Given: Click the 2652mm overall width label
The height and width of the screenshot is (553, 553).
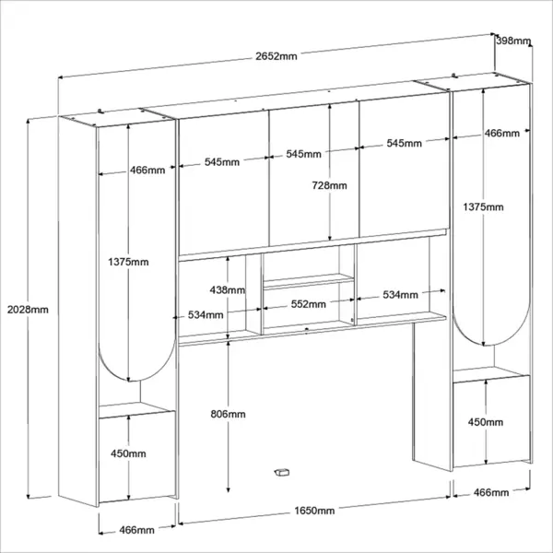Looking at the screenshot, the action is click(x=276, y=56).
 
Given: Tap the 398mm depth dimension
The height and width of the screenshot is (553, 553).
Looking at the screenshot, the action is click(x=513, y=41).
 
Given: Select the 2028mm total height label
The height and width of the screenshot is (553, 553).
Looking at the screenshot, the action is click(x=28, y=310).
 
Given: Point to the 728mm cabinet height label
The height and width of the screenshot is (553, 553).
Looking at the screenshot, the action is click(x=329, y=185).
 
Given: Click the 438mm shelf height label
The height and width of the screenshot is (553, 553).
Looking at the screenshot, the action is click(x=228, y=290).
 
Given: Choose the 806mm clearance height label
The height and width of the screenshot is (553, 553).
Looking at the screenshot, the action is click(x=229, y=414).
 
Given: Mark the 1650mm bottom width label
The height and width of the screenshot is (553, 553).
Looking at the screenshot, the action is click(x=314, y=511).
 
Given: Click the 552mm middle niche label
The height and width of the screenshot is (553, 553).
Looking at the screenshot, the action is click(x=309, y=304).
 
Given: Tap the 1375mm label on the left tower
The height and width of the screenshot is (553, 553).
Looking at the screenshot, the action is click(x=128, y=262).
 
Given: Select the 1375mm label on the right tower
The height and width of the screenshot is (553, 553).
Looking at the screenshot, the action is click(x=484, y=207).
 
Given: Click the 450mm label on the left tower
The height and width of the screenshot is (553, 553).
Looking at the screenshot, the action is click(x=128, y=453).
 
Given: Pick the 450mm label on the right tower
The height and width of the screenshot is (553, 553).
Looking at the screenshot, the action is click(x=486, y=422).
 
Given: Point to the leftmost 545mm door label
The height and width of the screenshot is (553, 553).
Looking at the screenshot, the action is click(x=222, y=162).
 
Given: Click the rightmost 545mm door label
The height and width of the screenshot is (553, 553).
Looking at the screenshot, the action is click(x=405, y=143).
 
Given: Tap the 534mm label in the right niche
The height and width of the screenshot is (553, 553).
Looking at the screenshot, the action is click(x=401, y=295).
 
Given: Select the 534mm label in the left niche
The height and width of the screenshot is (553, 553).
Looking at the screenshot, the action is click(x=206, y=314).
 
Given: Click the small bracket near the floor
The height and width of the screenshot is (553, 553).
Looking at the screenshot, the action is click(x=282, y=472).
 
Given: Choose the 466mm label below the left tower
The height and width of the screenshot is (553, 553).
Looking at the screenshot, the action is click(x=136, y=530).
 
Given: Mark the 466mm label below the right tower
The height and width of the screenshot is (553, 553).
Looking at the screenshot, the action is click(x=491, y=492).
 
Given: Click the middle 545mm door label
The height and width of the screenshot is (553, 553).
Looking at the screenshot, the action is click(x=303, y=154).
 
